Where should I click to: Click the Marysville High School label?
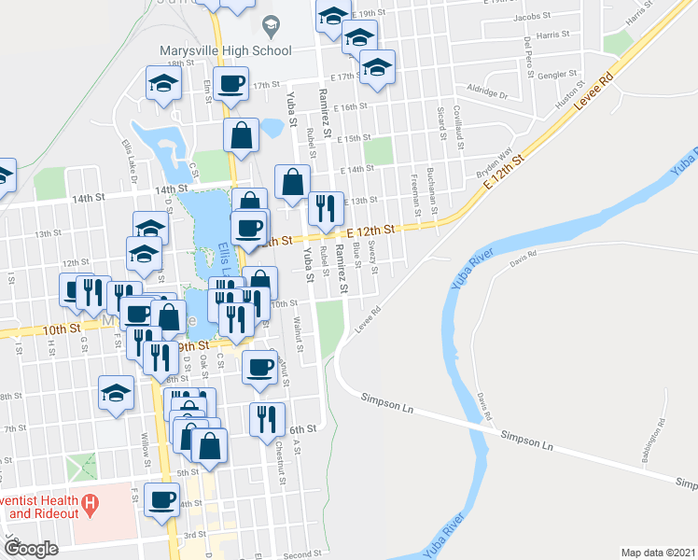(225, 49)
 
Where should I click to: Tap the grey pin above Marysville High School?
(271, 24)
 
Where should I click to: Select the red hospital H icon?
(90, 507)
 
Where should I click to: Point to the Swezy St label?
(374, 257)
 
